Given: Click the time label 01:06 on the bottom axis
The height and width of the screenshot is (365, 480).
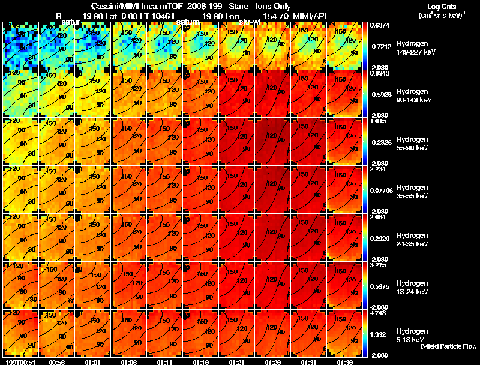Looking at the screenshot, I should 130,362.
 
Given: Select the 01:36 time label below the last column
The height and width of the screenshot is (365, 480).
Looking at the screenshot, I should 344,362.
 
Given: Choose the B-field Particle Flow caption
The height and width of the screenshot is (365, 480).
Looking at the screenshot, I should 448,346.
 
